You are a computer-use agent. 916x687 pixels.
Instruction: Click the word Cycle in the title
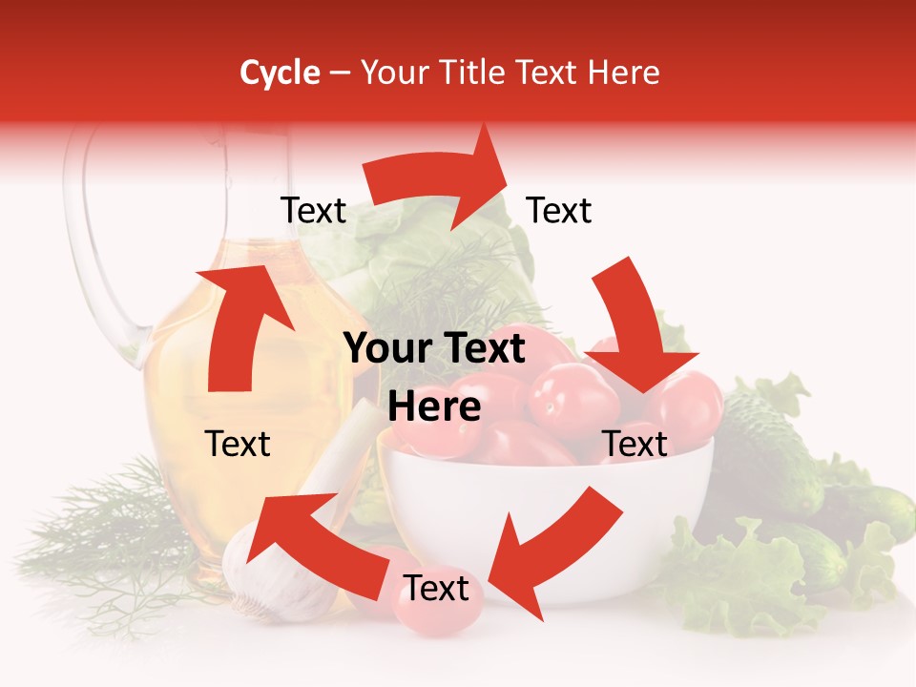(x=280, y=73)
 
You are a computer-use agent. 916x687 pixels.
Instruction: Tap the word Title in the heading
(x=474, y=73)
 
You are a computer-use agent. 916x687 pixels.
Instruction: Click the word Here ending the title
(x=627, y=73)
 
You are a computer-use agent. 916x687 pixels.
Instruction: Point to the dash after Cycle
(x=339, y=73)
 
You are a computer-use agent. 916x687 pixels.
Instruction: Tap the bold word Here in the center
(x=434, y=407)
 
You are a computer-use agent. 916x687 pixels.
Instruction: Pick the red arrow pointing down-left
(x=553, y=544)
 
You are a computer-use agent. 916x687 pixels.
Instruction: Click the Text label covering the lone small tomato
(x=436, y=589)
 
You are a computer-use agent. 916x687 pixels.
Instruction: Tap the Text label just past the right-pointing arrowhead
(x=559, y=210)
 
